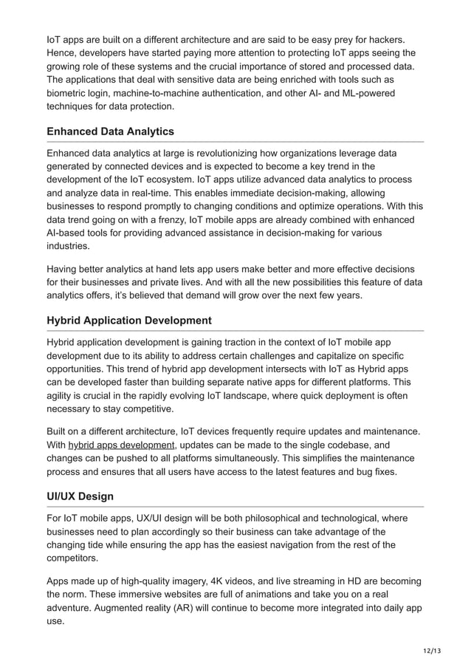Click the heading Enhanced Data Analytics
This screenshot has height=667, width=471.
coord(110,131)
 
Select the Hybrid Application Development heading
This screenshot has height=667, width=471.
coord(128,321)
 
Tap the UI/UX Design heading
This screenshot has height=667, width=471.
coord(80,496)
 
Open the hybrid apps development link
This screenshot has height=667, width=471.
coord(122,445)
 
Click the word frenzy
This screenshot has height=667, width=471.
coord(172,219)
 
